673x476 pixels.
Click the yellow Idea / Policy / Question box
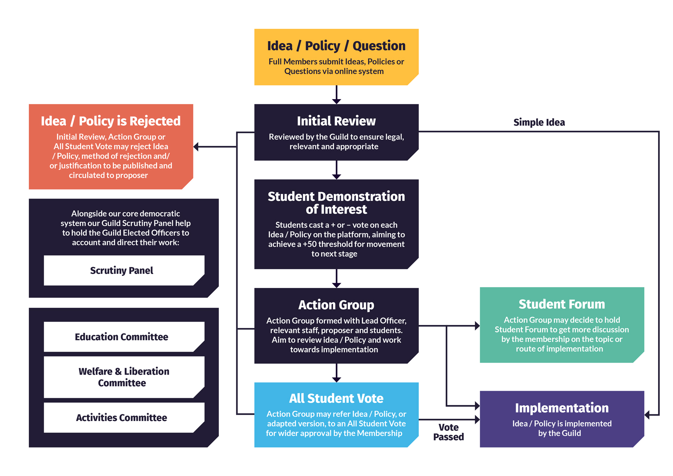(x=336, y=57)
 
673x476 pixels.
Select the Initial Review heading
(x=336, y=121)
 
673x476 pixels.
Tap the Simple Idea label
(x=539, y=122)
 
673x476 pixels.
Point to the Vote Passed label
(x=448, y=432)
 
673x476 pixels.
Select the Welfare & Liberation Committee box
(x=123, y=377)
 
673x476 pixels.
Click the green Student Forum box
(x=562, y=325)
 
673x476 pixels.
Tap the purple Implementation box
(x=562, y=419)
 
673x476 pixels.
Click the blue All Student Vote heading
(x=336, y=399)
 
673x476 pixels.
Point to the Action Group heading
(x=336, y=305)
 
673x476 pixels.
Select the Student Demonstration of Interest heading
(x=336, y=203)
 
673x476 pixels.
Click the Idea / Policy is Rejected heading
(x=111, y=121)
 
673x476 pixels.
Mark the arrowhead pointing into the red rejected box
(x=196, y=147)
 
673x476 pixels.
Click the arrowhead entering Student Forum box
(x=477, y=326)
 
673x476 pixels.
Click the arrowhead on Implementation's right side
(x=648, y=414)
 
